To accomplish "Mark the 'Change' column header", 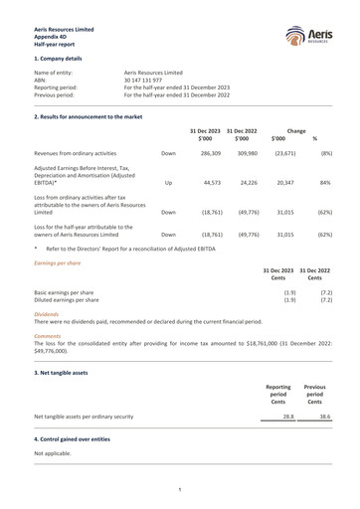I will (x=295, y=130).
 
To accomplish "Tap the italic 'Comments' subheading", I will (x=48, y=336).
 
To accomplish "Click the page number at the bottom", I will (x=179, y=489).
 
